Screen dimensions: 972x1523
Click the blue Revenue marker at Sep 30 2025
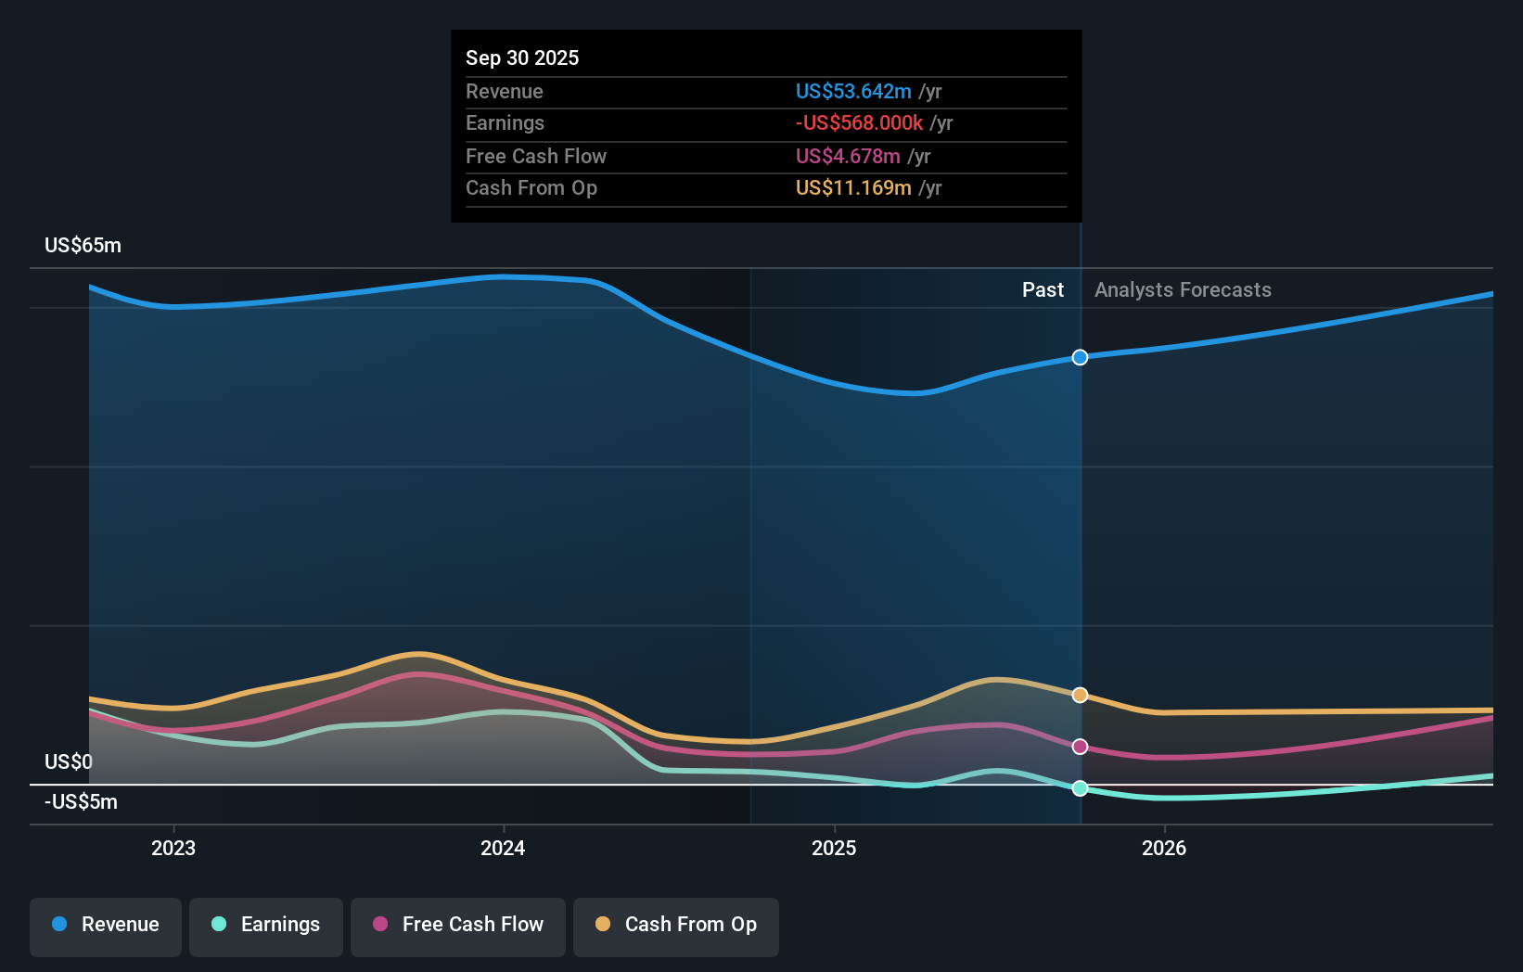1080,357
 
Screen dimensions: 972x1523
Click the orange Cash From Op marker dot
1080,695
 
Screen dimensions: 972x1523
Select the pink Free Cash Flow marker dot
1080,747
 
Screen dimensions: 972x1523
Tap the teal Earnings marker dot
1080,788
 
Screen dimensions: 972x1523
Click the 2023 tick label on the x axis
173,848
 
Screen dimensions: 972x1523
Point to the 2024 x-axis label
503,848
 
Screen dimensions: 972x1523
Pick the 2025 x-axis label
834,848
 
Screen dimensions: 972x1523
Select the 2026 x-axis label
1164,848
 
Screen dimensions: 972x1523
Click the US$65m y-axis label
83,245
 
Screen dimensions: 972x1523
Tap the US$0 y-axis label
69,761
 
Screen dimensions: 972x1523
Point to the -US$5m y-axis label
81,801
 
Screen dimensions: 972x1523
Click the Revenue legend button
106,925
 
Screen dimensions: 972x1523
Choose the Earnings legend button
266,925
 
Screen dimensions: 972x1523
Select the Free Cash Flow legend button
458,925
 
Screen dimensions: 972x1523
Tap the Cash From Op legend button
676,925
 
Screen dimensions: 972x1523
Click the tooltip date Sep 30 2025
522,58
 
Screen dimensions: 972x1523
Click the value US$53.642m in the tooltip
853,91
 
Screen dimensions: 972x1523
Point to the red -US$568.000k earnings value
859,122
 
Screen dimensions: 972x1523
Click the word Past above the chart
1043,289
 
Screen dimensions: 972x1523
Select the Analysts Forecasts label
1183,289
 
